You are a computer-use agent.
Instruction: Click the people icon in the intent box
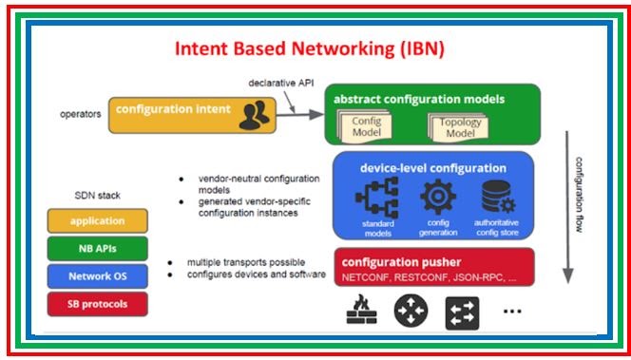click(253, 114)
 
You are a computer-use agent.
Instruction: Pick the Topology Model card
click(460, 128)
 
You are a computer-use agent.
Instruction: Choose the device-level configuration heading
click(432, 167)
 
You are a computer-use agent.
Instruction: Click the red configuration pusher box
click(433, 268)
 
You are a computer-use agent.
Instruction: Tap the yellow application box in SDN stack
click(96, 220)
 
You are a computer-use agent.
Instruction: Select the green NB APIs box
click(96, 249)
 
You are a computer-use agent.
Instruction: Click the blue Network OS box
click(96, 276)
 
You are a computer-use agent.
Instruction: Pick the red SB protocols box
click(96, 304)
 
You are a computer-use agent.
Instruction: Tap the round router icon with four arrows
click(411, 311)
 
